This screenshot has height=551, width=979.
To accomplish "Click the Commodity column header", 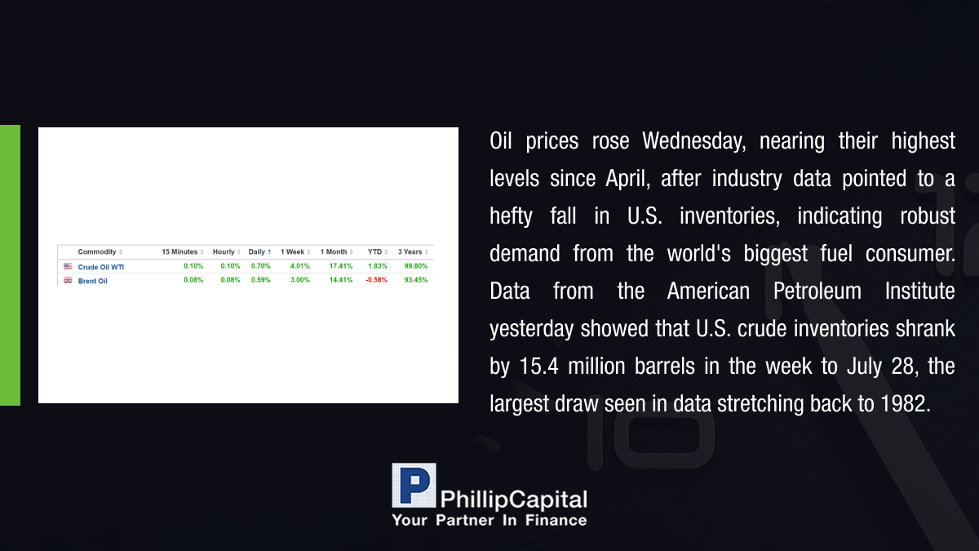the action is click(x=97, y=252).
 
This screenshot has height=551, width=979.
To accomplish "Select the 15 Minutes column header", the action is click(x=179, y=252).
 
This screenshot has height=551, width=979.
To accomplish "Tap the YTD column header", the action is click(x=374, y=252).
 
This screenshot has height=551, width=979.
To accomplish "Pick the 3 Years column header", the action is click(x=410, y=252).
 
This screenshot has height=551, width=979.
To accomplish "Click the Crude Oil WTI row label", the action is click(x=101, y=267).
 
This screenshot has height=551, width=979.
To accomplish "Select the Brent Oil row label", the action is click(x=93, y=281).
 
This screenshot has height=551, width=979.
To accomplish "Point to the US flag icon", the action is click(x=68, y=266).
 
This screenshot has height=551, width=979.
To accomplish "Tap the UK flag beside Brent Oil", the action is click(x=68, y=280).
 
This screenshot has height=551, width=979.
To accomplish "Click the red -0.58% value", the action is click(x=376, y=280).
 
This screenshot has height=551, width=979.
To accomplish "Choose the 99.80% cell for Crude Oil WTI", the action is click(x=416, y=266).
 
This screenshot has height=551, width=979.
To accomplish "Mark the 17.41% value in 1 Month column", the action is click(x=341, y=266).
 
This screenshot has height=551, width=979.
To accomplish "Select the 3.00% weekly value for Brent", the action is click(x=300, y=280).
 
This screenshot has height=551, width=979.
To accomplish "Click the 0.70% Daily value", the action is click(x=261, y=266).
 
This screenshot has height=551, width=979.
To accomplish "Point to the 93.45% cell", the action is click(x=416, y=280).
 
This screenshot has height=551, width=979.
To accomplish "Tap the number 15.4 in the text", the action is click(x=539, y=367).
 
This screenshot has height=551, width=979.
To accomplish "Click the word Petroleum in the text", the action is click(x=817, y=291).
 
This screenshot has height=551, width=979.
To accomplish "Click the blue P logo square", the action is click(x=414, y=486).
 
